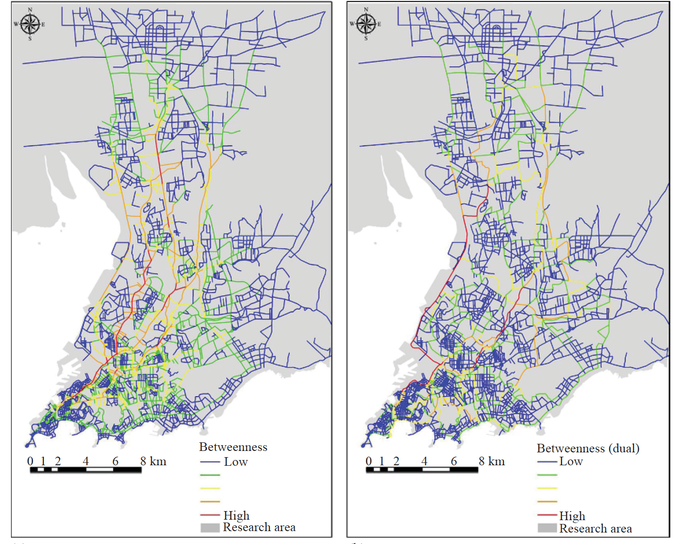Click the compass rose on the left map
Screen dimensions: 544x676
tap(30, 24)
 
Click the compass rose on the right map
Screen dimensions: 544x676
tap(366, 24)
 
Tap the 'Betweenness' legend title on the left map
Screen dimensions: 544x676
tap(233, 447)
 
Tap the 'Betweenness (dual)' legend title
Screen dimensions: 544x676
tap(588, 449)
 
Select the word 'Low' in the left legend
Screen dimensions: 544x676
tap(236, 462)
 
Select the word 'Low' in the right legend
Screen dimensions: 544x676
tap(571, 461)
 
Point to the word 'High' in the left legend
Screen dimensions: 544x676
tap(236, 515)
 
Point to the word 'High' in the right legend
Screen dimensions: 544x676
tap(572, 516)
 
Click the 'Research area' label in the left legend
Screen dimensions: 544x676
tap(259, 527)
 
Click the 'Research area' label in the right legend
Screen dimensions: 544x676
tap(595, 529)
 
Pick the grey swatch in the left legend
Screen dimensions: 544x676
tap(210, 527)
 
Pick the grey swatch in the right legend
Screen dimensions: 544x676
tap(547, 528)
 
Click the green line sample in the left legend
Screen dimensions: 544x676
tap(210, 475)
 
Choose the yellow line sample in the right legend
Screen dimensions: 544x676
tap(547, 488)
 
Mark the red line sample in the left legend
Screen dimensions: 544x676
tap(210, 515)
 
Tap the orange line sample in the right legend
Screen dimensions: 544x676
tap(547, 502)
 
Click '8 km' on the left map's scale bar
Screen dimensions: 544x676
tap(153, 461)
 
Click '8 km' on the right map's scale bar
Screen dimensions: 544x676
tap(492, 461)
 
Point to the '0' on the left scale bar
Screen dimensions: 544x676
tap(30, 461)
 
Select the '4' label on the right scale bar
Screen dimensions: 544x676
tap(424, 461)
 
